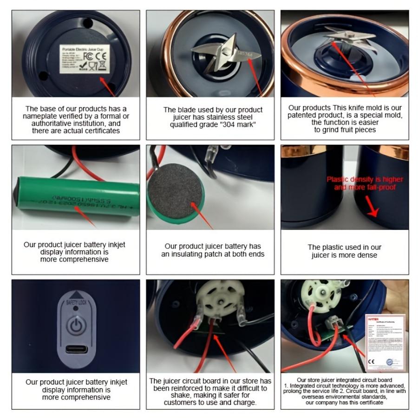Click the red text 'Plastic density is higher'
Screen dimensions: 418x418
pyautogui.click(x=365, y=179)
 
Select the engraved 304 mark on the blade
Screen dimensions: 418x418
pyautogui.click(x=245, y=54)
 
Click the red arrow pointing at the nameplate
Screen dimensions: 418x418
pyautogui.click(x=108, y=85)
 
